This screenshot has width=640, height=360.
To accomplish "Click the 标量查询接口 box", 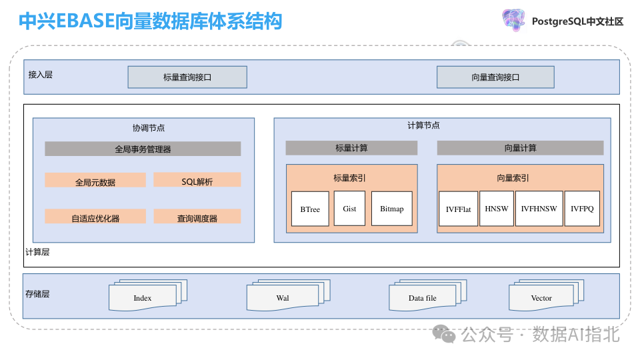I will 187,77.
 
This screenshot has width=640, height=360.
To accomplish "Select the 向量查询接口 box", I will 495,77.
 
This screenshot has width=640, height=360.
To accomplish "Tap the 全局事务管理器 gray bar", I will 143,149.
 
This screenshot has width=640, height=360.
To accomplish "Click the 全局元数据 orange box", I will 95,181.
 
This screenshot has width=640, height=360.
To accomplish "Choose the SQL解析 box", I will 197,180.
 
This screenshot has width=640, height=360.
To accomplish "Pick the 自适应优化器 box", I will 95,217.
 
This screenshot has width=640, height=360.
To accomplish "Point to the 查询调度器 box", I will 197,217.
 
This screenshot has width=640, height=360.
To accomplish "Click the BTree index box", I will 310,209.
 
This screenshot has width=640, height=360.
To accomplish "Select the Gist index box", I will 349,209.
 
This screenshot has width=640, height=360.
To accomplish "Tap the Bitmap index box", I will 392,209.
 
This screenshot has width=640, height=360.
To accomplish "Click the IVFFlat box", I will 458,209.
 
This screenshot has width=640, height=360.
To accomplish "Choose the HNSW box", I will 497,209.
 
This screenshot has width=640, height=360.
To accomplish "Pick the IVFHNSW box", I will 539,209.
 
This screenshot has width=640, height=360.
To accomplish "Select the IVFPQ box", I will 581,209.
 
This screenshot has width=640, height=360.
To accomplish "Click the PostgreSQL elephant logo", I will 513,20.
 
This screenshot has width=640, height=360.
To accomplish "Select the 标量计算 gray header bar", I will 351,148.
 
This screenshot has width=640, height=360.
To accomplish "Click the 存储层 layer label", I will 37,293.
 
